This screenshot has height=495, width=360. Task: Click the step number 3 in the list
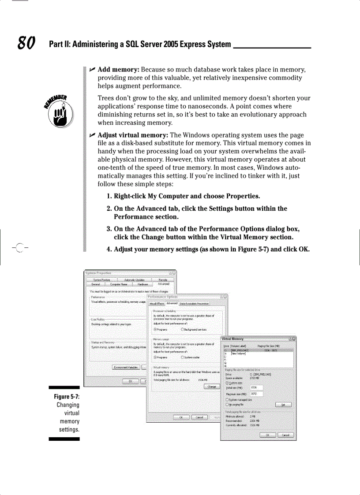pos(109,229)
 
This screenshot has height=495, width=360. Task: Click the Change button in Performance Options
pos(212,387)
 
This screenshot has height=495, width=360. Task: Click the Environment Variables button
pos(126,367)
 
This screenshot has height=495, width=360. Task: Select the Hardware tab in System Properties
pos(139,284)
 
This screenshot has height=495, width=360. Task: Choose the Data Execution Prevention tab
pos(194,304)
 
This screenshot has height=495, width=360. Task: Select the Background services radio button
pos(183,329)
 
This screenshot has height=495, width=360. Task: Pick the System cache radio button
pos(183,357)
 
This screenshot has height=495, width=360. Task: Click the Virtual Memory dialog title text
pos(232,339)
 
